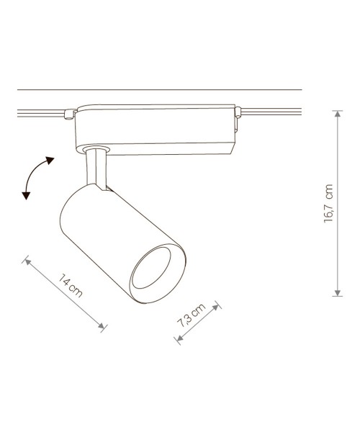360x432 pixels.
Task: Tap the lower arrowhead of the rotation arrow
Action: click(27, 194)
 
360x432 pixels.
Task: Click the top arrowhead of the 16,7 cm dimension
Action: click(337, 113)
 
